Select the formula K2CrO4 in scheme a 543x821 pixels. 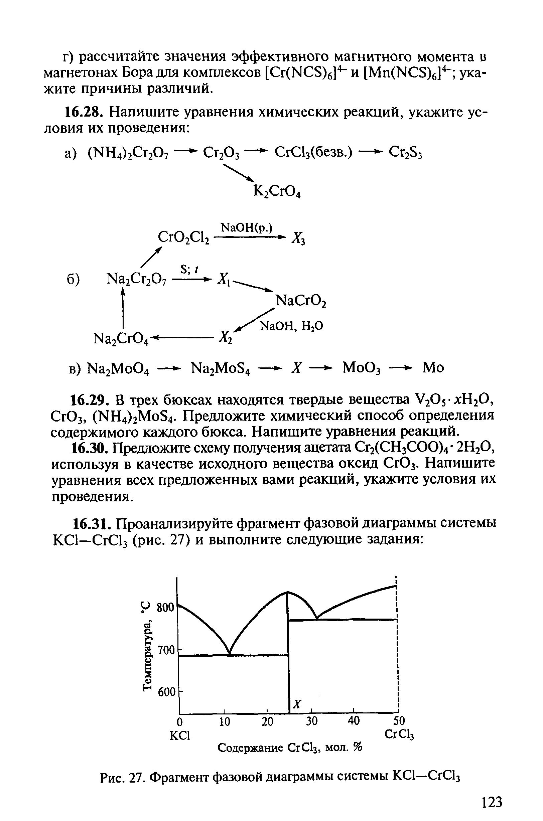pyautogui.click(x=277, y=191)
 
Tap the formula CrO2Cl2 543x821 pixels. pyautogui.click(x=183, y=237)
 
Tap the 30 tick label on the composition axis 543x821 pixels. pyautogui.click(x=312, y=721)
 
